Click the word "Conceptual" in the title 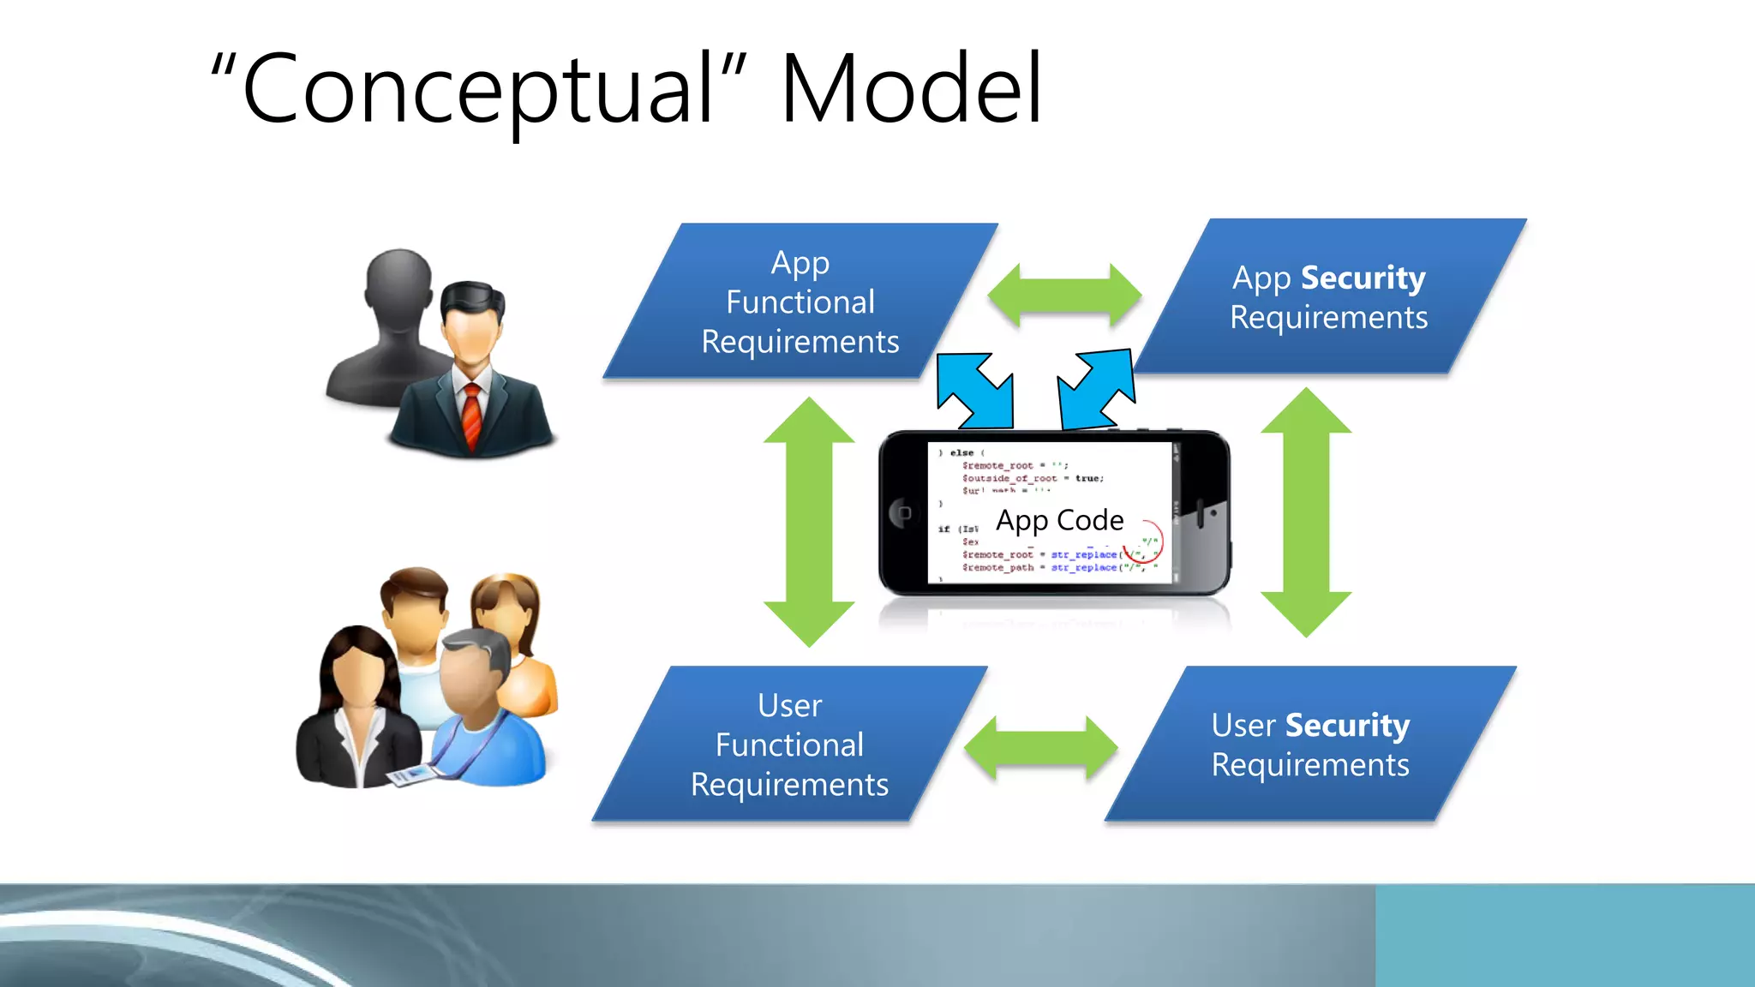coord(480,89)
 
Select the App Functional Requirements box coord(800,302)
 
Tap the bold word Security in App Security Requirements coord(1363,278)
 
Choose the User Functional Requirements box coord(789,745)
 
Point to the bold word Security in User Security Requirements coord(1347,726)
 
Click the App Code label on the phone coord(1059,520)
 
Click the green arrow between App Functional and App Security coord(1064,296)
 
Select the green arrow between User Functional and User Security coord(1040,748)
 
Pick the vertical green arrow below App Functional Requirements coord(809,521)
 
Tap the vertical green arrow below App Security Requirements coord(1305,512)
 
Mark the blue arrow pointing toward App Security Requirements coord(1096,389)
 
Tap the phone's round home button coord(902,512)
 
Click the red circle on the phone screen coord(1144,541)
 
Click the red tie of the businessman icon coord(472,415)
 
